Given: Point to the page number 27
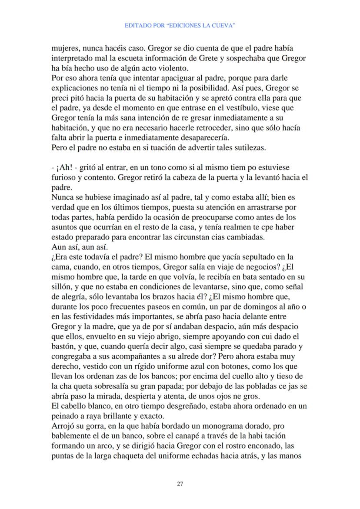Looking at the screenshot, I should (180, 484).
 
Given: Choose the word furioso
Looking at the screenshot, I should (63, 177).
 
